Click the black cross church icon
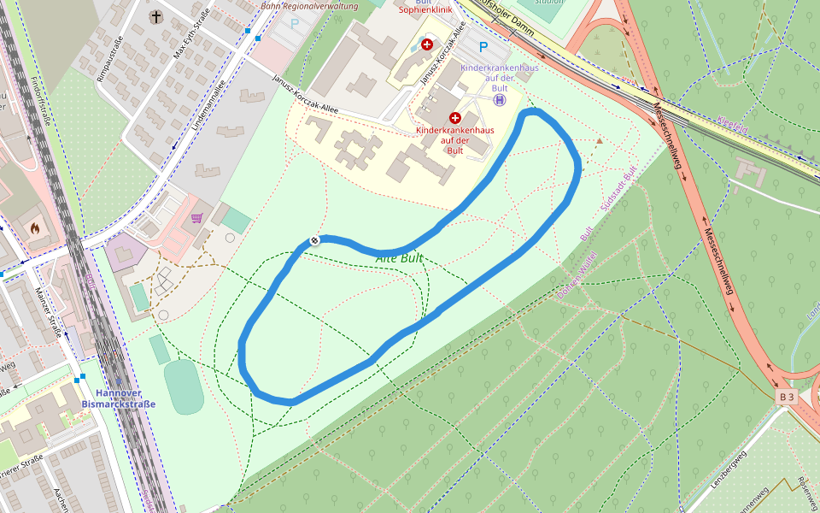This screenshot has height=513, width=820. point(155,16)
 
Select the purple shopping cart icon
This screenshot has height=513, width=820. point(197,218)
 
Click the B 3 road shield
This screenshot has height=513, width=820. point(787,398)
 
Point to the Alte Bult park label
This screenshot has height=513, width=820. point(399,257)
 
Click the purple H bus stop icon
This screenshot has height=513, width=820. point(500,99)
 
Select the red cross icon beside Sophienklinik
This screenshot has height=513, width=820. point(427,44)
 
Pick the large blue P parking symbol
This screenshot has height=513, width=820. point(483,48)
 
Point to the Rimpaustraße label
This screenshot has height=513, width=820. point(111,55)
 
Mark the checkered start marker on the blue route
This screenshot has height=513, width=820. point(314,240)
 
